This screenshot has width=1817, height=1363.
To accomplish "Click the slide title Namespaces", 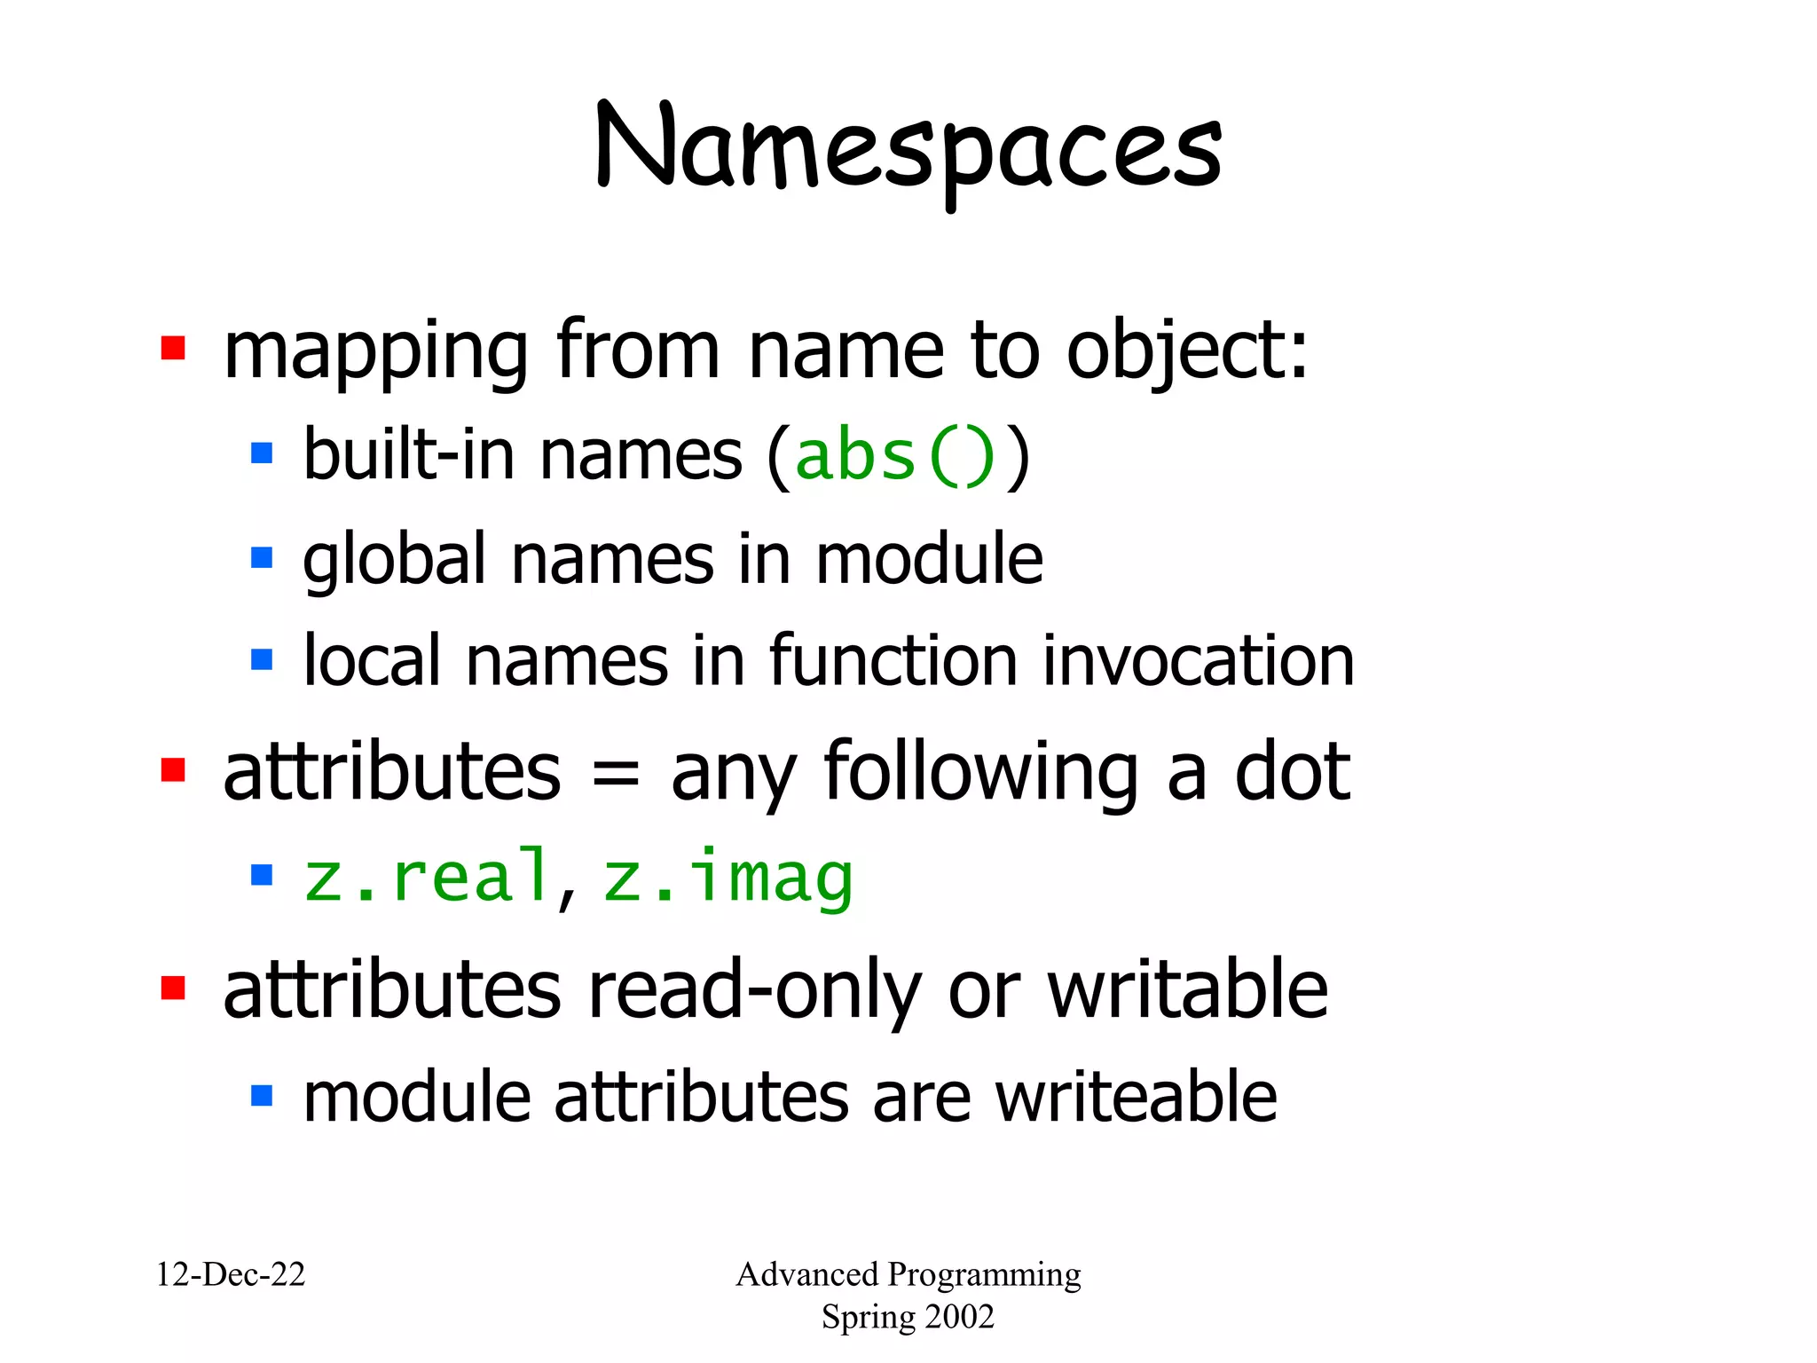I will [908, 149].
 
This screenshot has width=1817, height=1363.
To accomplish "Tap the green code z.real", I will [427, 878].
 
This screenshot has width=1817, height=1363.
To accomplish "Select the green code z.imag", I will [728, 878].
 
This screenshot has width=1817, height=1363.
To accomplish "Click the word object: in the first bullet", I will [1186, 351].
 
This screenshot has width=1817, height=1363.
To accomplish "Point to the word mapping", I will [376, 353].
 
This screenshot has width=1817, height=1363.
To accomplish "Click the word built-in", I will [409, 455].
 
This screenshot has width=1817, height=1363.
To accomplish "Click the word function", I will [893, 662].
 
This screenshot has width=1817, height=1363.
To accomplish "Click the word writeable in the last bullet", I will [1136, 1098].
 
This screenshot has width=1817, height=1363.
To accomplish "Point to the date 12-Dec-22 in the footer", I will [231, 1275].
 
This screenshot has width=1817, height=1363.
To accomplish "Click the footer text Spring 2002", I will [908, 1317].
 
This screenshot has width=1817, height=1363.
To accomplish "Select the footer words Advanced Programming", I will [908, 1275].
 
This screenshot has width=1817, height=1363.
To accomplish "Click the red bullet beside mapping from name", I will [173, 349].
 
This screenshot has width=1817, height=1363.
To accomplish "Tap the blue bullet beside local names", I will [262, 659].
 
